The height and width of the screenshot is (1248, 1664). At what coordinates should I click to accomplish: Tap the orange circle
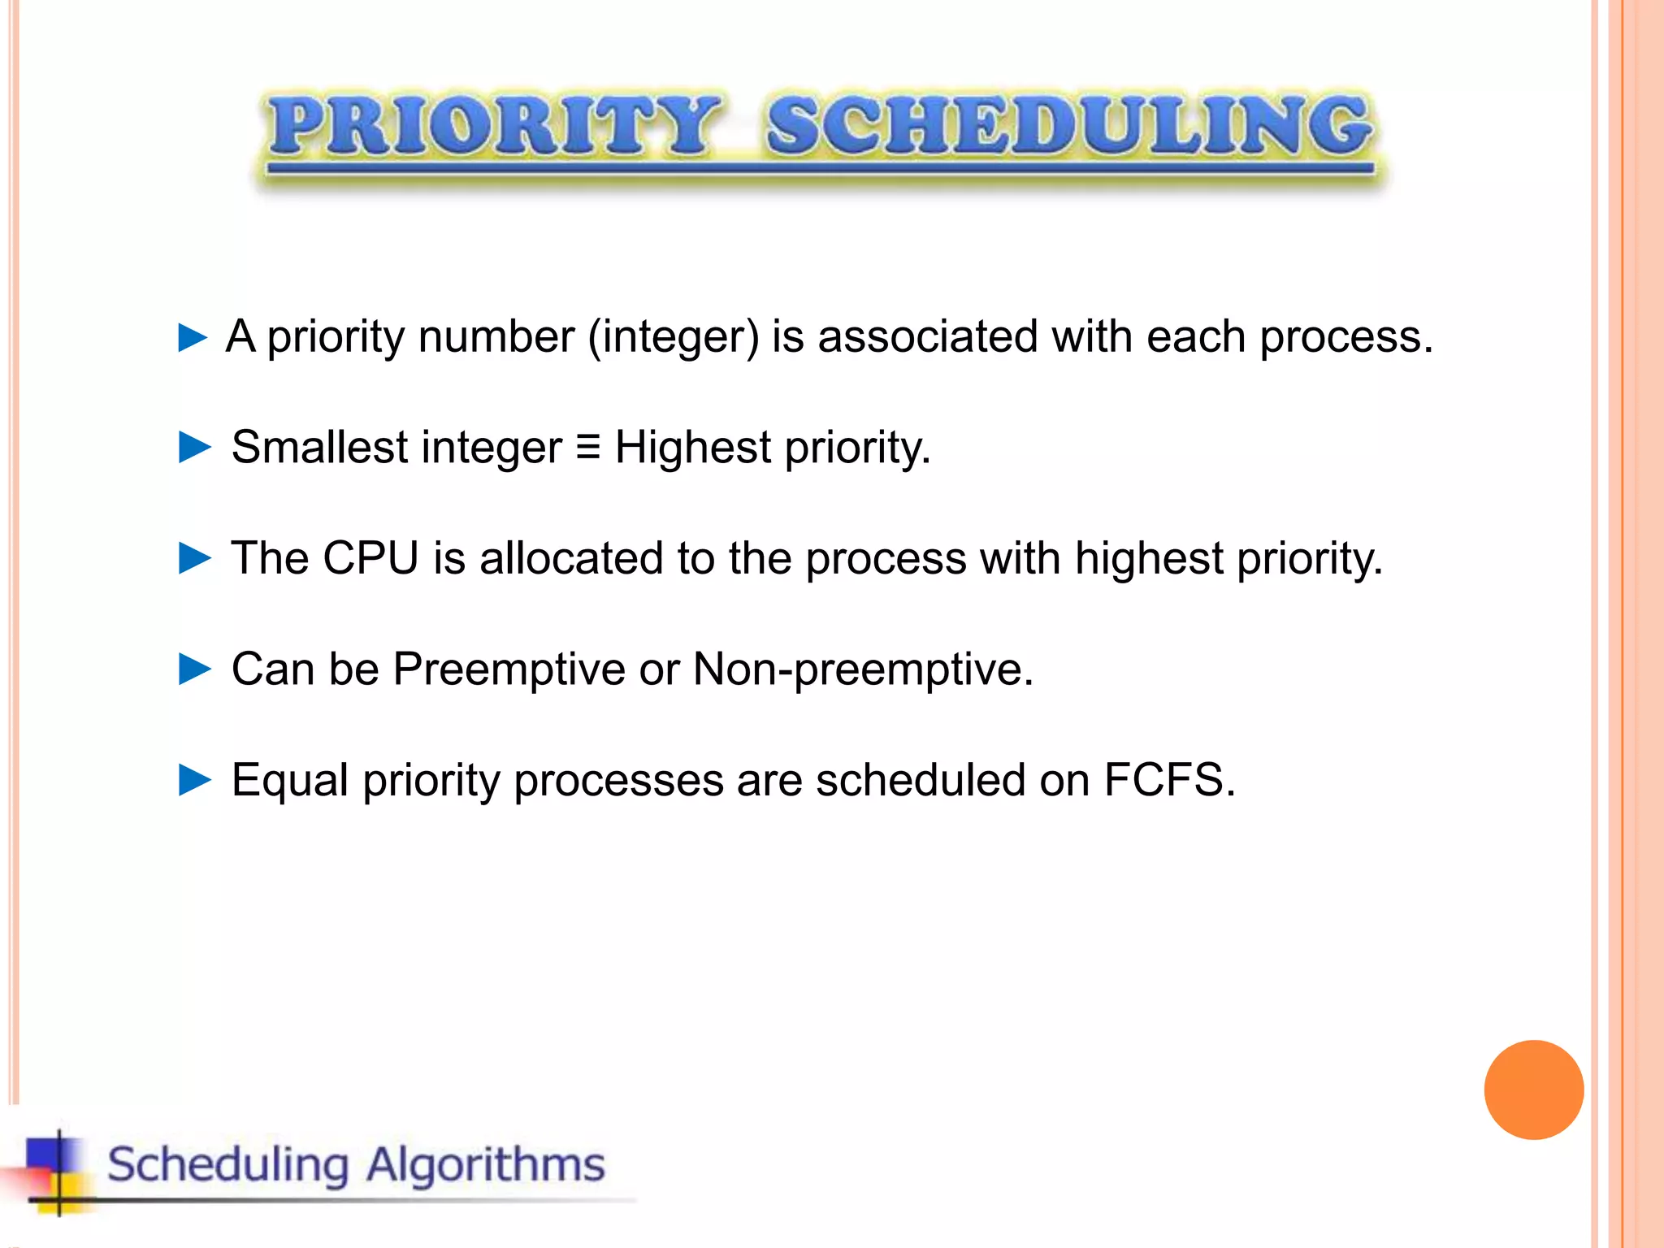(1533, 1090)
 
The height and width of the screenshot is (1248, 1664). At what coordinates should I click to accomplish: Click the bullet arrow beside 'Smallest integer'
(194, 448)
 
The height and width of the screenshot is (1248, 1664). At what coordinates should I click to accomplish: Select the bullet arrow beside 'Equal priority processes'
(194, 780)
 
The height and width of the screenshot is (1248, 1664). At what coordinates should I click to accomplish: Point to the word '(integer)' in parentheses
(674, 337)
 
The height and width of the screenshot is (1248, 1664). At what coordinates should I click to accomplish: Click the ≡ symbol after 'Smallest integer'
(587, 447)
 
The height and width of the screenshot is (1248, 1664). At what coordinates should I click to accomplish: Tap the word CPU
(370, 558)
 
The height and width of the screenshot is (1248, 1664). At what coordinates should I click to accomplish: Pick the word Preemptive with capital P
(509, 669)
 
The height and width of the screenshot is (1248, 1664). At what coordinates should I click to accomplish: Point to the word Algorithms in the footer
(485, 1164)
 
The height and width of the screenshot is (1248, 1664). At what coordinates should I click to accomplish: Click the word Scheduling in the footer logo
(228, 1164)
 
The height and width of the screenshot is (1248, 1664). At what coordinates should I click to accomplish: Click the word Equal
(290, 780)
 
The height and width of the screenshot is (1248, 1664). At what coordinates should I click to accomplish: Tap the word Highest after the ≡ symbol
(692, 448)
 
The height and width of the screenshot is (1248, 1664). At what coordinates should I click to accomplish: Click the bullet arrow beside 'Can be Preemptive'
(194, 669)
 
